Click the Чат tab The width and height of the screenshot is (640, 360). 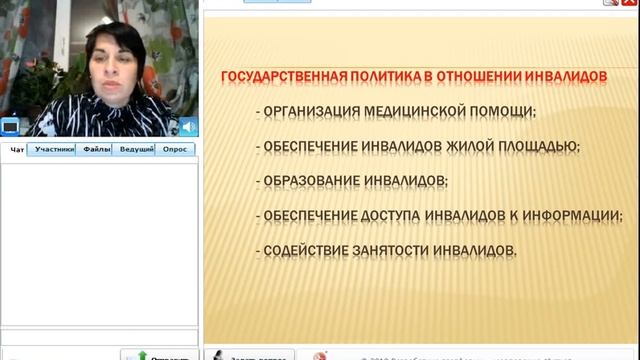[x=17, y=150]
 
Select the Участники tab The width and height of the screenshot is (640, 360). [x=54, y=150]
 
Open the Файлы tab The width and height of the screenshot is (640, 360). [x=97, y=150]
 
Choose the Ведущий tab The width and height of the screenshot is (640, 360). [x=136, y=150]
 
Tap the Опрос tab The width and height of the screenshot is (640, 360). [x=175, y=150]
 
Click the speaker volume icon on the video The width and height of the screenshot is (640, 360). [x=187, y=127]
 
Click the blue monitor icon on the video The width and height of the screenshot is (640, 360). [x=10, y=127]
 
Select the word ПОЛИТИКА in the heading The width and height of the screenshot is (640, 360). [x=378, y=76]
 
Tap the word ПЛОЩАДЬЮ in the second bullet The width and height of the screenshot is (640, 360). [x=539, y=146]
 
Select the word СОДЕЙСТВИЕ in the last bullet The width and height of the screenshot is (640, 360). [x=302, y=251]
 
